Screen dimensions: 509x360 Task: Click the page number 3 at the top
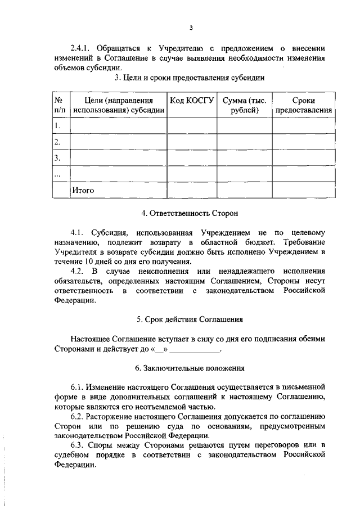coord(191,28)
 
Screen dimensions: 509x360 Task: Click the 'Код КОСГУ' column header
coord(192,100)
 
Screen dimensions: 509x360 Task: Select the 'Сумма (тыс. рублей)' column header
coord(244,105)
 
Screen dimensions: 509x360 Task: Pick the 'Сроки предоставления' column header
coord(303,105)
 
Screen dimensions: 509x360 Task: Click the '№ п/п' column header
coord(60,105)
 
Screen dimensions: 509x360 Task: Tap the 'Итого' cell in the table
coord(83,190)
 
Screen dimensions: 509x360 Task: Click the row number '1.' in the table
coord(57,125)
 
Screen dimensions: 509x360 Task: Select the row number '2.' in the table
coord(57,142)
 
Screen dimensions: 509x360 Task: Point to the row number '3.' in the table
coord(57,158)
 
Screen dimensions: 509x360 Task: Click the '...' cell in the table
coord(57,174)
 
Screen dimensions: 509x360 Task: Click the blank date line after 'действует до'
coord(195,350)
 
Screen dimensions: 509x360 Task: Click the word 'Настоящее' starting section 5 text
coord(90,340)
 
